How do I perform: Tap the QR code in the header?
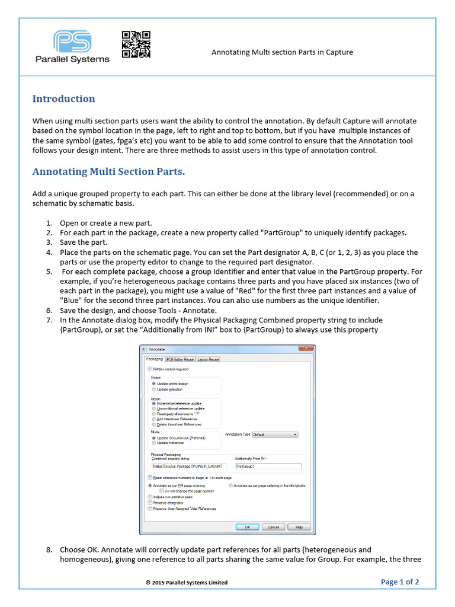pos(136,44)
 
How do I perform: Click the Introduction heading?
pos(63,99)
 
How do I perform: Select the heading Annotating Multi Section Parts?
pos(108,172)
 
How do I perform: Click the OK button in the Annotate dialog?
pos(247,526)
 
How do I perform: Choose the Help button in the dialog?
pos(299,526)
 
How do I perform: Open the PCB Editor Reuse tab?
pos(180,359)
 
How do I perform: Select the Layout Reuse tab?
pos(208,359)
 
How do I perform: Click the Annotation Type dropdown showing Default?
pos(275,435)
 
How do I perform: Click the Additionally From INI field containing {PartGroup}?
pos(268,467)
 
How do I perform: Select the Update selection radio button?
pos(154,389)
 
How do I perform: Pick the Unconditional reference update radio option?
pos(154,408)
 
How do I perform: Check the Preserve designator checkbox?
pos(150,503)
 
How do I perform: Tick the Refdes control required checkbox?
pos(150,369)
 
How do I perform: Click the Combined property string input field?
pos(189,467)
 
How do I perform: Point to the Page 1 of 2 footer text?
pos(400,582)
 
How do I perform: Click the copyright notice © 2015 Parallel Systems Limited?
pos(187,582)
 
